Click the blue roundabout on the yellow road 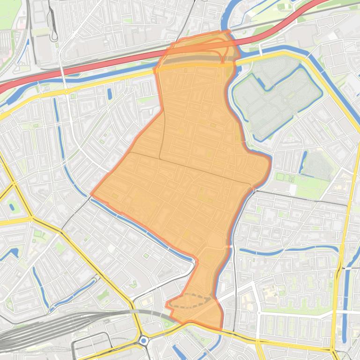click(x=144, y=341)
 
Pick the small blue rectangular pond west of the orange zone click(x=110, y=94)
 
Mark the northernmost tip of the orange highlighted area click(x=228, y=31)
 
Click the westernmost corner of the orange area click(x=91, y=194)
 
